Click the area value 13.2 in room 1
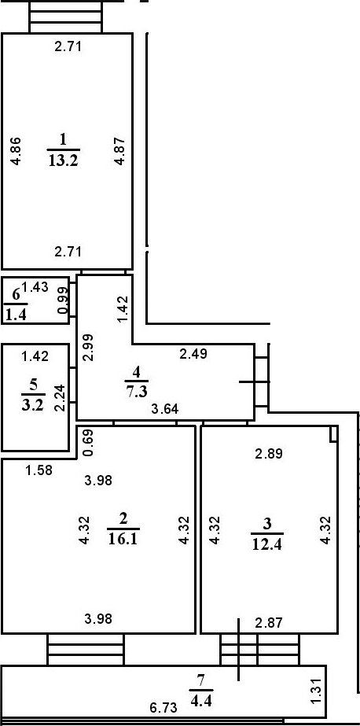(x=64, y=161)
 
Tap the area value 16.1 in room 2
(x=123, y=539)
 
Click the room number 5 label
(x=33, y=385)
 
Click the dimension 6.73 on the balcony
(x=163, y=708)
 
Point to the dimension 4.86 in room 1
(x=16, y=151)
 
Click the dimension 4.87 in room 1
(x=119, y=151)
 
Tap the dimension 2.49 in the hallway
(x=193, y=355)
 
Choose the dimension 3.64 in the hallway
(x=166, y=409)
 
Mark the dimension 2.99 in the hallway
(x=89, y=347)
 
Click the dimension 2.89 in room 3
(x=270, y=453)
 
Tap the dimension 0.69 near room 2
(x=89, y=443)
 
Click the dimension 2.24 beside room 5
(x=59, y=400)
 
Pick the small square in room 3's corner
(x=333, y=434)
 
